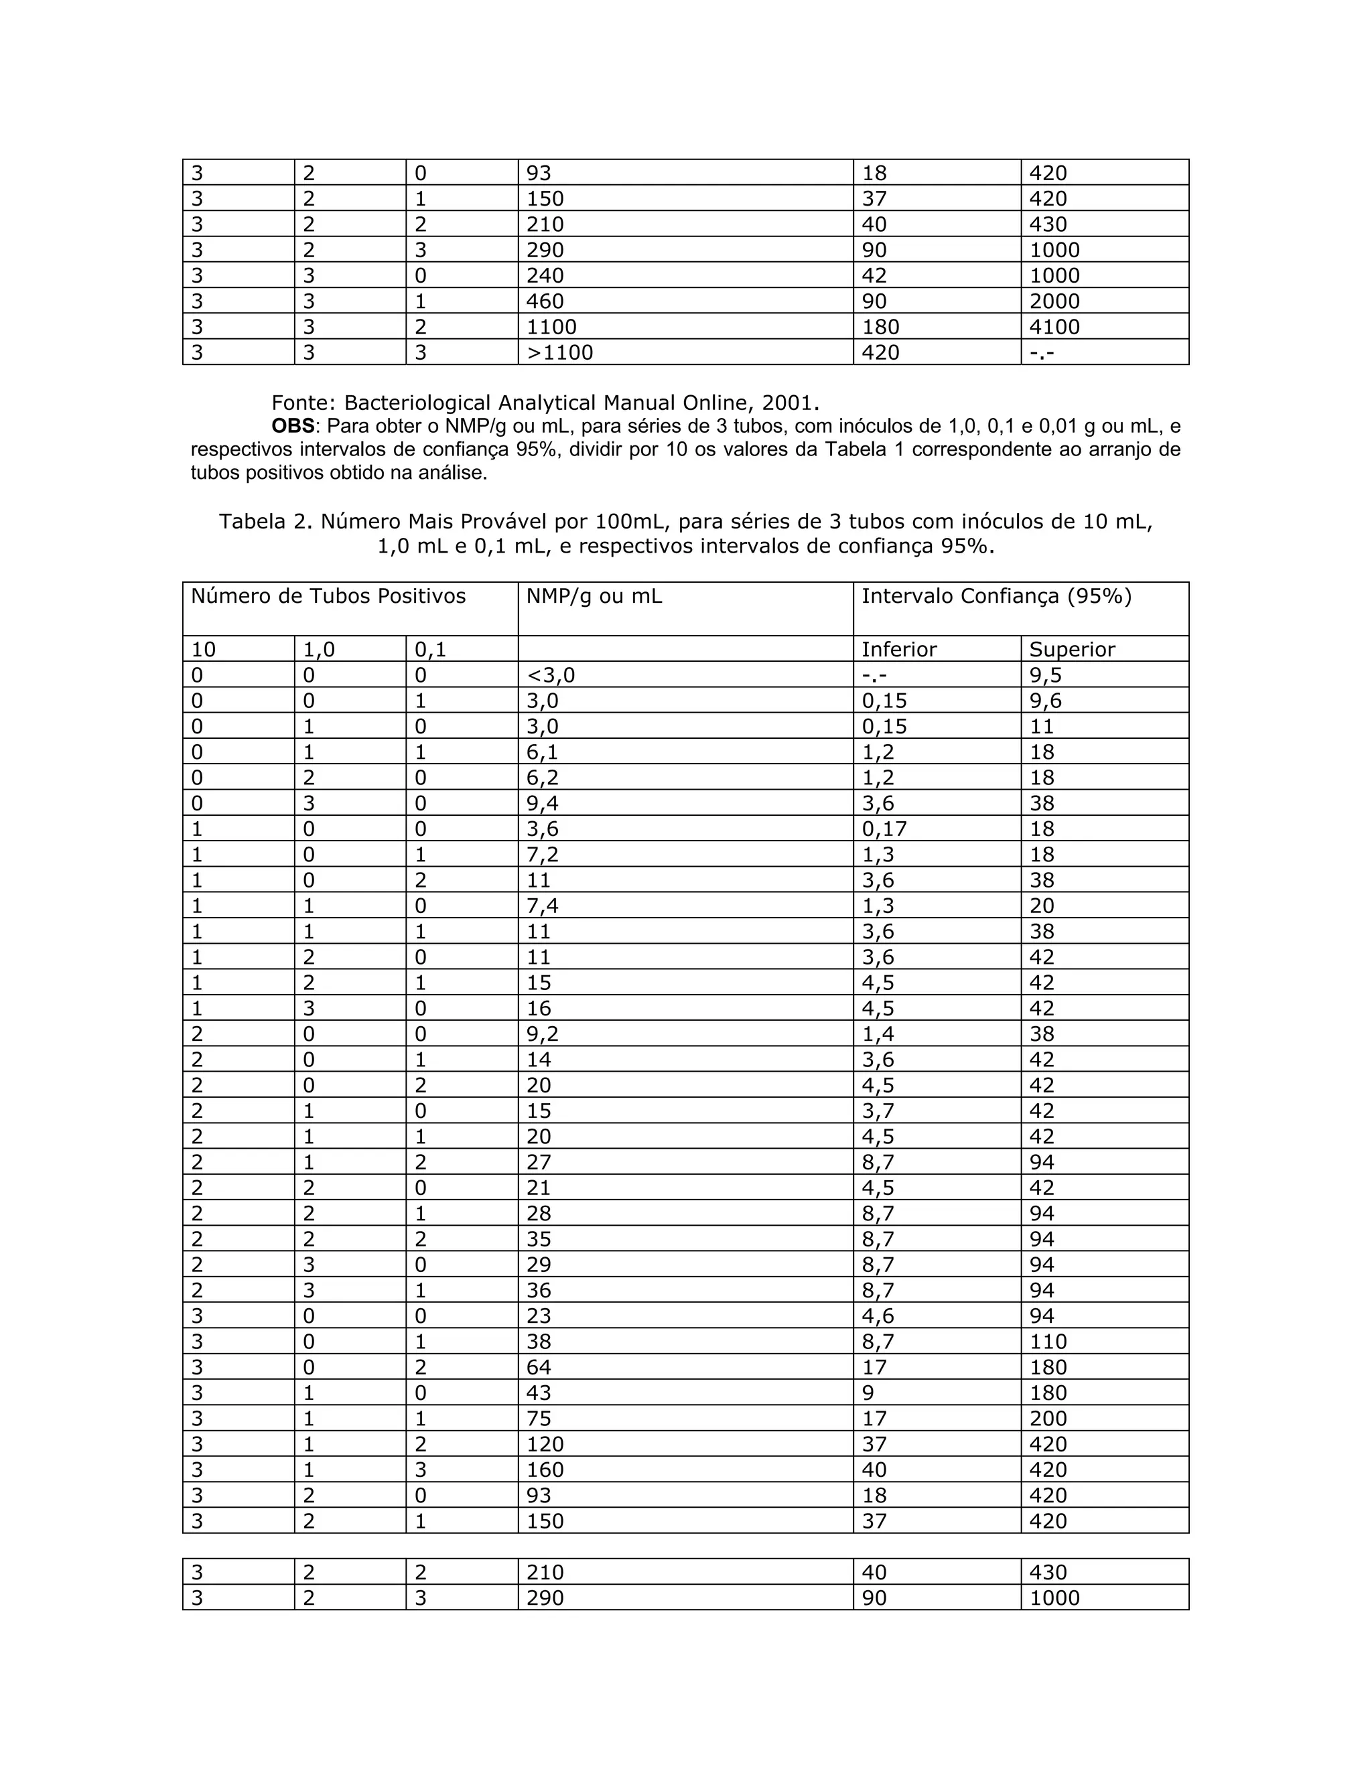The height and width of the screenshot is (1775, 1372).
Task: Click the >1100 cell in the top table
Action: pos(560,353)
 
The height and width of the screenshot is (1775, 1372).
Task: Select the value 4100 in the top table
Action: pos(1054,327)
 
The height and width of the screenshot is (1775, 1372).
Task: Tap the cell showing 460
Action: pos(545,301)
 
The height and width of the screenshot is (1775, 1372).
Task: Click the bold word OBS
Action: pos(293,427)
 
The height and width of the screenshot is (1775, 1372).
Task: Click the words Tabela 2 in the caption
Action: pos(263,522)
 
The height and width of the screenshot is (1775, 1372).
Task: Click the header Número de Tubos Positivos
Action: pos(328,597)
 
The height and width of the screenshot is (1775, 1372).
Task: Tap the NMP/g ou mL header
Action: pos(594,597)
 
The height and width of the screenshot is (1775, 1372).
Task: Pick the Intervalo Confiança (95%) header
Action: pos(996,597)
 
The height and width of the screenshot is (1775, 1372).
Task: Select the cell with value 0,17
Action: pos(884,829)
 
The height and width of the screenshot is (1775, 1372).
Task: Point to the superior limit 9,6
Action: pos(1045,701)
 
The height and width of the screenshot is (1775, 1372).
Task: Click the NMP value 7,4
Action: pos(542,906)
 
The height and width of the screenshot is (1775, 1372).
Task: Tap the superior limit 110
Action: pos(1048,1342)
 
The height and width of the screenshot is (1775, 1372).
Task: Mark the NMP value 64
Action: pos(538,1367)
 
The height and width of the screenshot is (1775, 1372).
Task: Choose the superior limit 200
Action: pos(1048,1418)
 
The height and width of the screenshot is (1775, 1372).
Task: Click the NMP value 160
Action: pos(545,1470)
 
